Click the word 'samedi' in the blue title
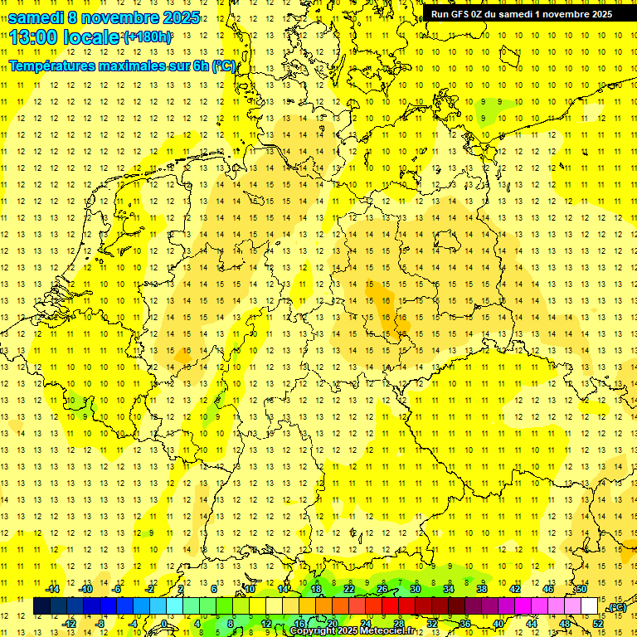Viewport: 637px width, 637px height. [x=35, y=17]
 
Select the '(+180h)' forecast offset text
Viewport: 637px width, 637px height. [x=148, y=37]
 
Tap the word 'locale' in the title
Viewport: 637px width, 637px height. [x=90, y=36]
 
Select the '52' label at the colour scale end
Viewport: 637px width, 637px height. [x=598, y=624]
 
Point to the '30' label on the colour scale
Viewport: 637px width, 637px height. [x=416, y=589]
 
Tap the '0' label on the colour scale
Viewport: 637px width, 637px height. [x=164, y=624]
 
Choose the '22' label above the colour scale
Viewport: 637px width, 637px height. [x=349, y=589]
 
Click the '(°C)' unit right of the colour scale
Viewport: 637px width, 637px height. [x=617, y=607]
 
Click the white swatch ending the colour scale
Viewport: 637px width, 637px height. [x=590, y=606]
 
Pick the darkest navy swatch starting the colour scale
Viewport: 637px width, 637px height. [x=41, y=606]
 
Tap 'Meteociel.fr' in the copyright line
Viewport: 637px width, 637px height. [x=387, y=631]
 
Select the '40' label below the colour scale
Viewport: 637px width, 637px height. [x=498, y=624]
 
